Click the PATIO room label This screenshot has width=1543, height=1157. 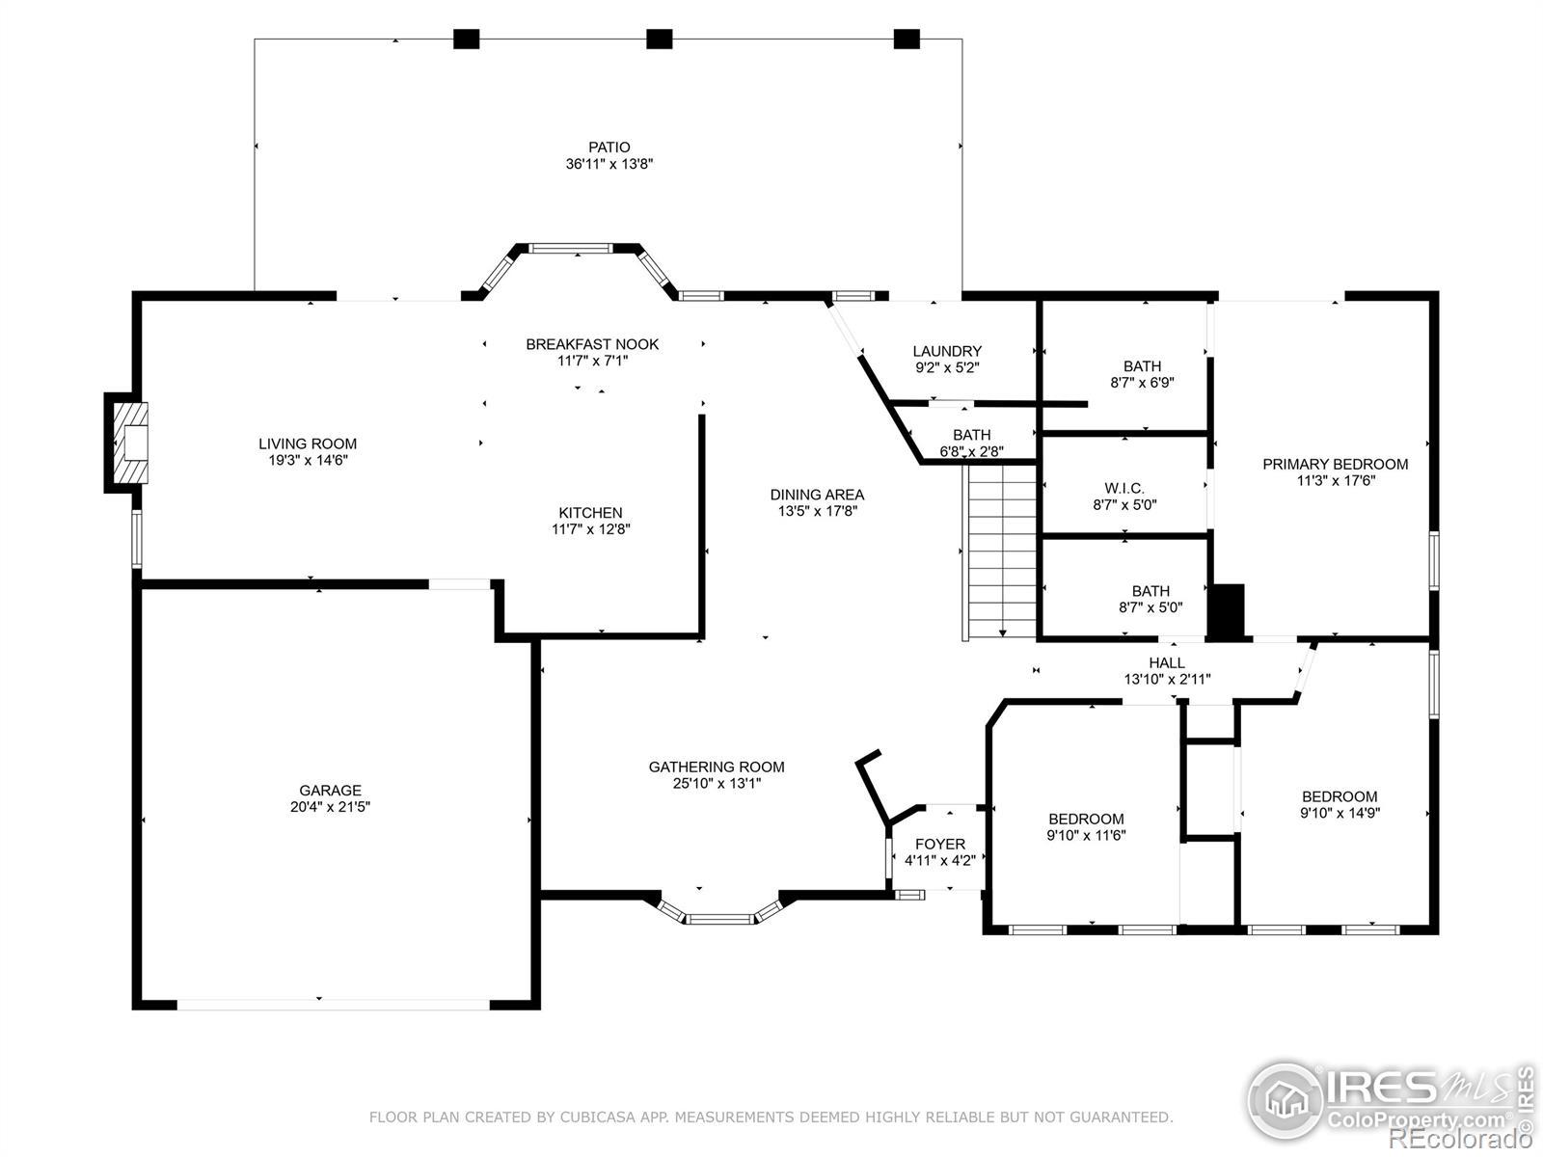coord(609,148)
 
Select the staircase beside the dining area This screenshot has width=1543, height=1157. coord(1000,552)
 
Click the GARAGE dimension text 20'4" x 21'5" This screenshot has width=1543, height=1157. coord(330,806)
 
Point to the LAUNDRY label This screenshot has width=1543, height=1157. coord(947,351)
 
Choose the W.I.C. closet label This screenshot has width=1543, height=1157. coord(1124,488)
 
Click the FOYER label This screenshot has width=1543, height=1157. coord(940,844)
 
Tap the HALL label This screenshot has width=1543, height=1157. coord(1167,662)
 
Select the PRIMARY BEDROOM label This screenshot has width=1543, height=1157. coord(1335,465)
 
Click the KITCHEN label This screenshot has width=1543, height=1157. coord(590,513)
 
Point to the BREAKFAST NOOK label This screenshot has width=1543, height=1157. coord(592,344)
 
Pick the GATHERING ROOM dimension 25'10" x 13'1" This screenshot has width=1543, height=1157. coord(717,783)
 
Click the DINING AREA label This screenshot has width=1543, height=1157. coord(817,495)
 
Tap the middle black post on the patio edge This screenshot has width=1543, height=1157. coord(659,39)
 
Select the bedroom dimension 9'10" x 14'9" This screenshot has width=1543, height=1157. coord(1340,813)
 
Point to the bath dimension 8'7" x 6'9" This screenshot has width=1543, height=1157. coord(1143,383)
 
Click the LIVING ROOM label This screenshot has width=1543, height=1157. coord(308,444)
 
